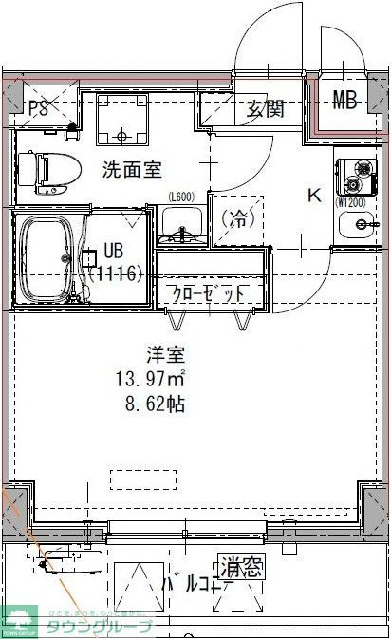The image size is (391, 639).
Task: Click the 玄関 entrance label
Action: click(x=266, y=109)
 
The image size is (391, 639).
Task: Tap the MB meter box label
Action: click(x=344, y=97)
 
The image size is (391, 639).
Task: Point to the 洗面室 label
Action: click(x=133, y=170)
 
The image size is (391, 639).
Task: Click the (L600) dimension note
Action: click(x=181, y=197)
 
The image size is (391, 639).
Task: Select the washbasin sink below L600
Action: click(x=180, y=225)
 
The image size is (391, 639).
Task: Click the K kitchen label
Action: click(x=314, y=196)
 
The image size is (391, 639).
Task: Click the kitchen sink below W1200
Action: click(x=360, y=226)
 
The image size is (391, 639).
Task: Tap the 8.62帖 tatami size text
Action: click(x=150, y=404)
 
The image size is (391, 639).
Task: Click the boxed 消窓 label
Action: click(x=242, y=569)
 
